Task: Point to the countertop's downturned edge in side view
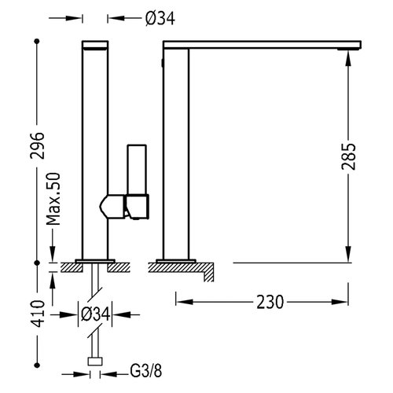[x=208, y=273]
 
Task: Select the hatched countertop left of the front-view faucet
[x=68, y=267]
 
